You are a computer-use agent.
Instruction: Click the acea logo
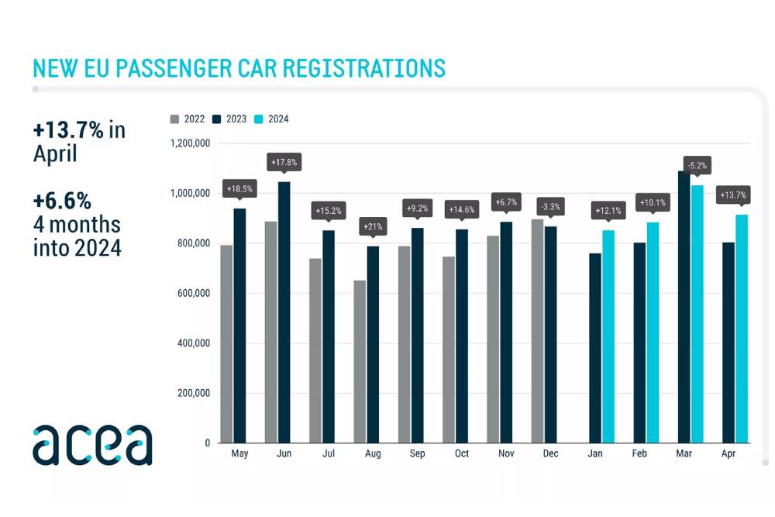(92, 445)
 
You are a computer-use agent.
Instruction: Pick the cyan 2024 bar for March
(697, 314)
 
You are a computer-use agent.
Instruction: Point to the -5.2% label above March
(697, 166)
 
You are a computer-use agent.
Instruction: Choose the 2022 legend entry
(188, 119)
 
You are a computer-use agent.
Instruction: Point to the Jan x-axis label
(596, 453)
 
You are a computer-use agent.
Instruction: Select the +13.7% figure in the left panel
(68, 130)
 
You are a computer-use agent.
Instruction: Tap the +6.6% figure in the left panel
(62, 201)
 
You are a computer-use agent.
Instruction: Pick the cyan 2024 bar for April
(742, 329)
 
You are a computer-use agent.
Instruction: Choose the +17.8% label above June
(284, 163)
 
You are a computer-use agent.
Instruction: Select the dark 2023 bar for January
(595, 348)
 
